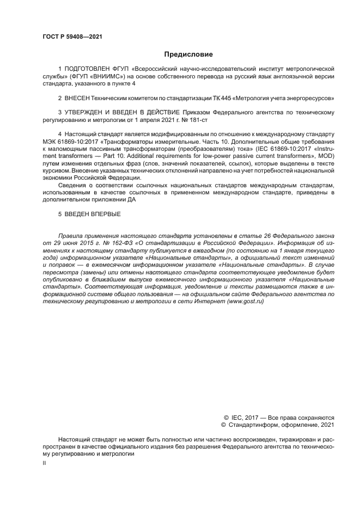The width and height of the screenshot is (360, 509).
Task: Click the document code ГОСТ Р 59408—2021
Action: coord(72,36)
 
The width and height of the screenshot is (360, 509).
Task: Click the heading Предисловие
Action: coord(188,54)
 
